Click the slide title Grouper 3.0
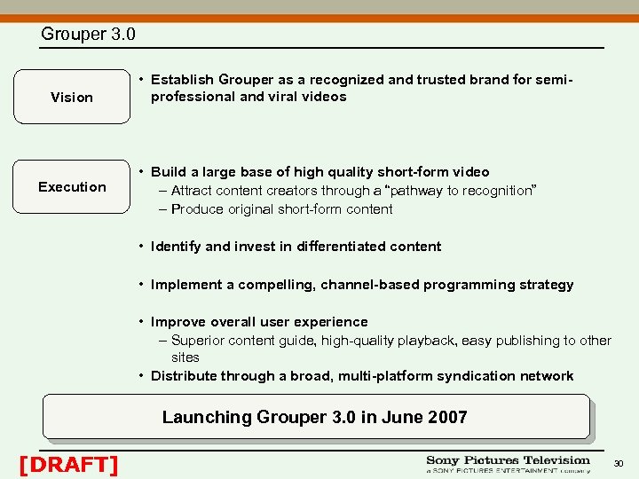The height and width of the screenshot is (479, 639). [x=88, y=35]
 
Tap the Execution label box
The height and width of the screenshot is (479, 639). [x=72, y=187]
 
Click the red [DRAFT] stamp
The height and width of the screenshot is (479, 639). [x=68, y=463]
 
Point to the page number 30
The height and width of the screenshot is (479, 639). [x=619, y=463]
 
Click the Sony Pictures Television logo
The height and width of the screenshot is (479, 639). [x=508, y=464]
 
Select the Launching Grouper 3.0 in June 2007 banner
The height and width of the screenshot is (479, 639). [x=315, y=417]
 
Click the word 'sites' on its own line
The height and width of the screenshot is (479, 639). [x=185, y=357]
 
